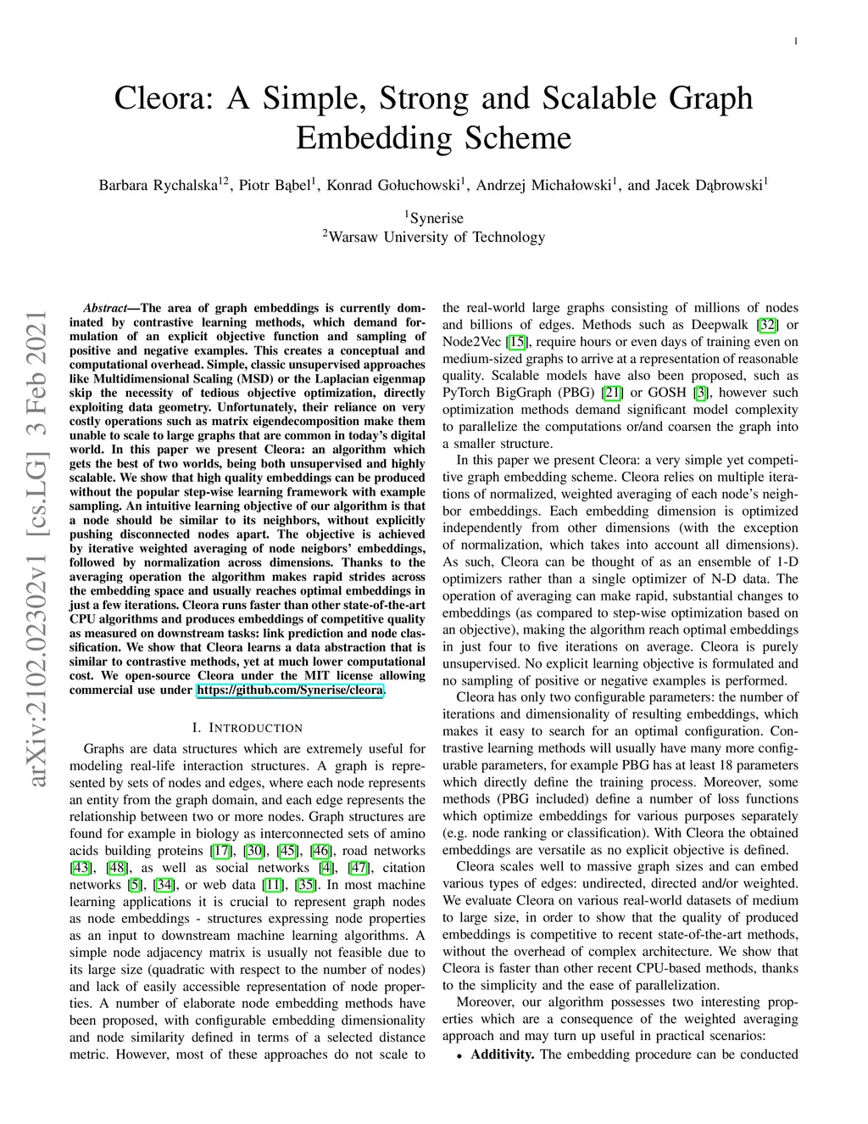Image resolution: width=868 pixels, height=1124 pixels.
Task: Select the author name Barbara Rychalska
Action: coord(159,185)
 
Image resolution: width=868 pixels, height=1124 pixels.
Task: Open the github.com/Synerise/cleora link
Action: coord(290,690)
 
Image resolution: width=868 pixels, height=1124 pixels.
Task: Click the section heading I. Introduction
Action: coord(247,728)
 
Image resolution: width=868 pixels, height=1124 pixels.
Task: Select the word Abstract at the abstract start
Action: coord(105,308)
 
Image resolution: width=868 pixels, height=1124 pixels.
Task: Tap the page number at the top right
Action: coord(796,41)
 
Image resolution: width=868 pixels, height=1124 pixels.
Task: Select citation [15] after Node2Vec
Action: coord(516,342)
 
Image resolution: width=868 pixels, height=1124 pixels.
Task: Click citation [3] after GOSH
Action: coord(700,393)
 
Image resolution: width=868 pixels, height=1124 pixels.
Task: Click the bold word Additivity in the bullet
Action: coord(502,1054)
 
